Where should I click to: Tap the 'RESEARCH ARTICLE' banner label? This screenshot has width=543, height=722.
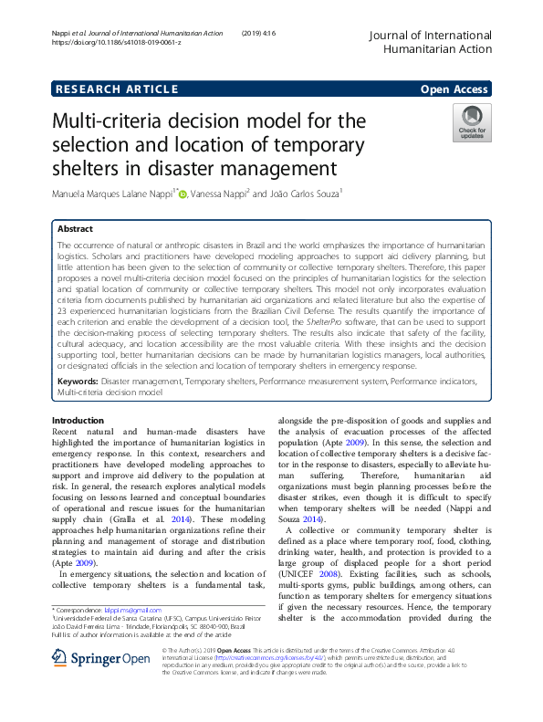click(118, 89)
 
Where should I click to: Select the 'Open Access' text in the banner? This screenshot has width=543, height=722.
click(454, 89)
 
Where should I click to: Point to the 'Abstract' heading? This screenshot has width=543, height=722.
click(75, 228)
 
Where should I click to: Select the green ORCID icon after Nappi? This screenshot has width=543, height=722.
click(183, 194)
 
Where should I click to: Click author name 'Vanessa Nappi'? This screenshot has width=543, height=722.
click(219, 194)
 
